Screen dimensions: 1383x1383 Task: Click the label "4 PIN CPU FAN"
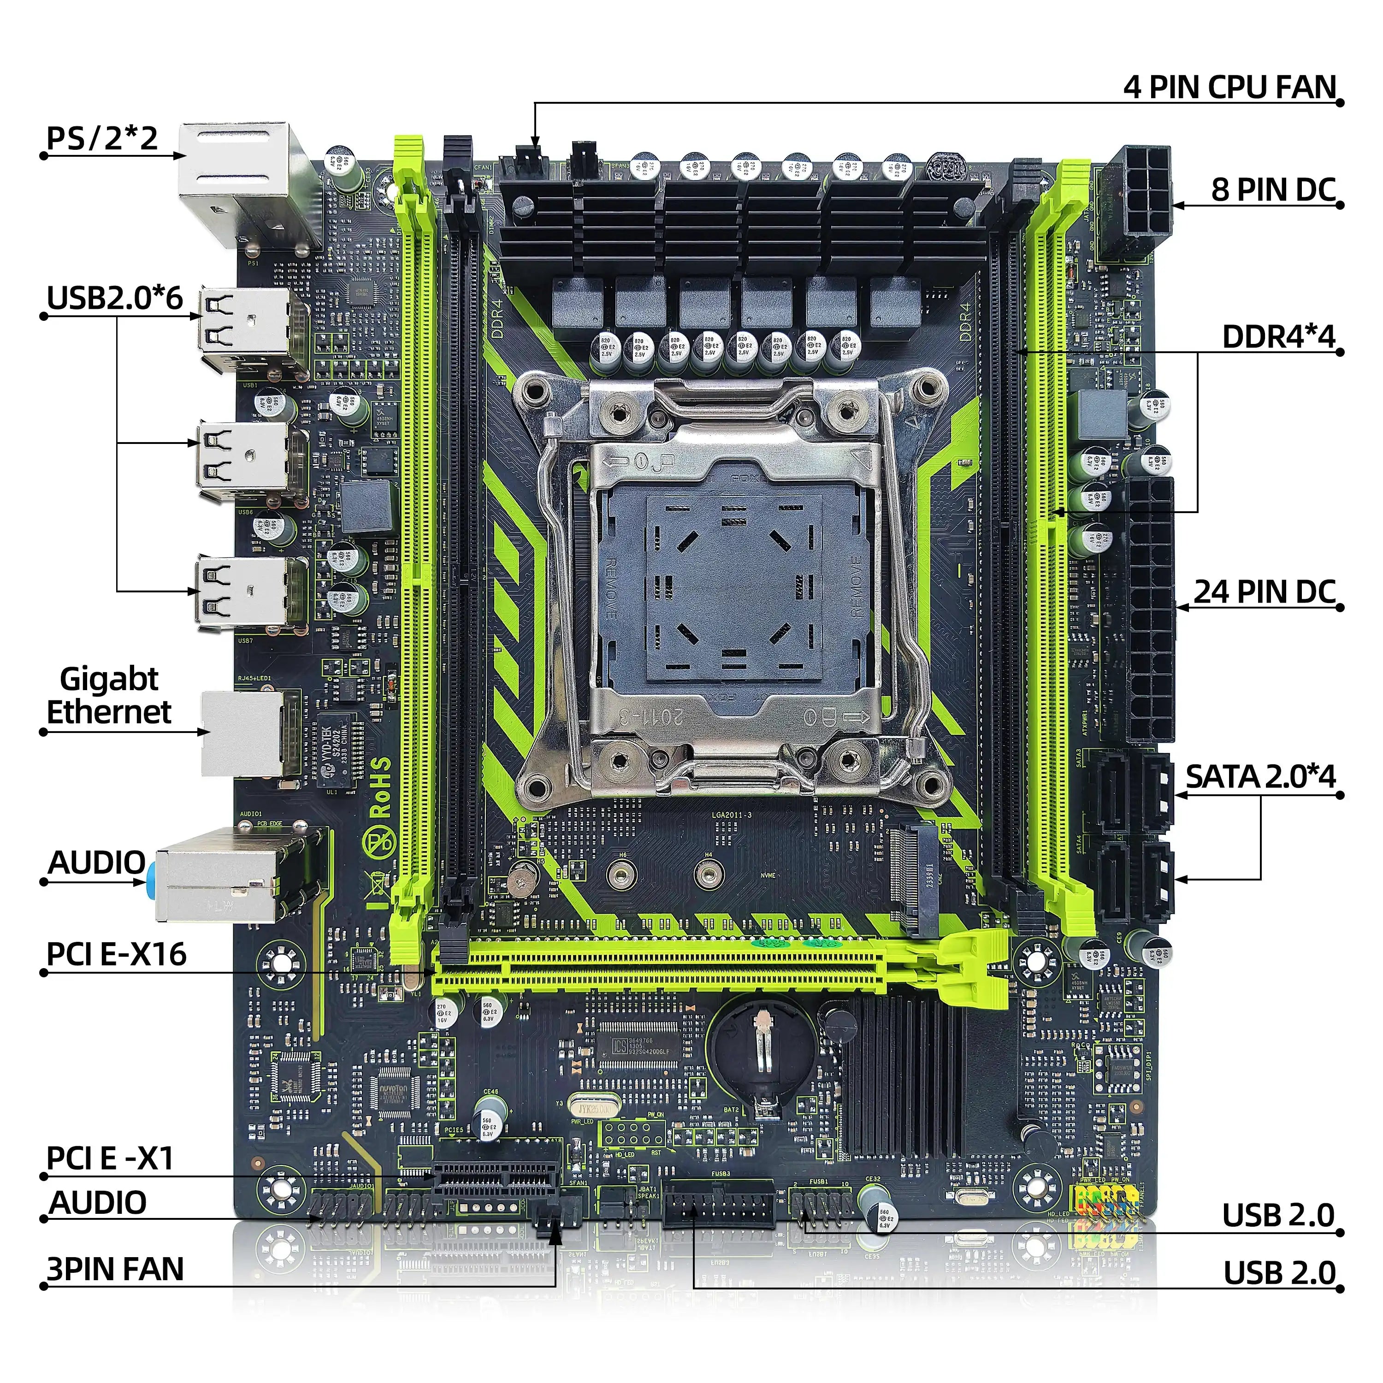(x=1229, y=87)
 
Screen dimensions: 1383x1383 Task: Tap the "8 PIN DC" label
(x=1273, y=189)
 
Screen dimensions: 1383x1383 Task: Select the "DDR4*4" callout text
(x=1278, y=337)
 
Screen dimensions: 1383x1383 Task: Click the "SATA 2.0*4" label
(x=1260, y=777)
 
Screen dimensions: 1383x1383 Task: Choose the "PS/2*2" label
(x=101, y=138)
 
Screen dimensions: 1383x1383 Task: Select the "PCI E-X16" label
(x=116, y=954)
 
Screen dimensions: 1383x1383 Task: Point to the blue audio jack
(x=152, y=881)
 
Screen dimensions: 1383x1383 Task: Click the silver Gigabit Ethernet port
(x=240, y=734)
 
